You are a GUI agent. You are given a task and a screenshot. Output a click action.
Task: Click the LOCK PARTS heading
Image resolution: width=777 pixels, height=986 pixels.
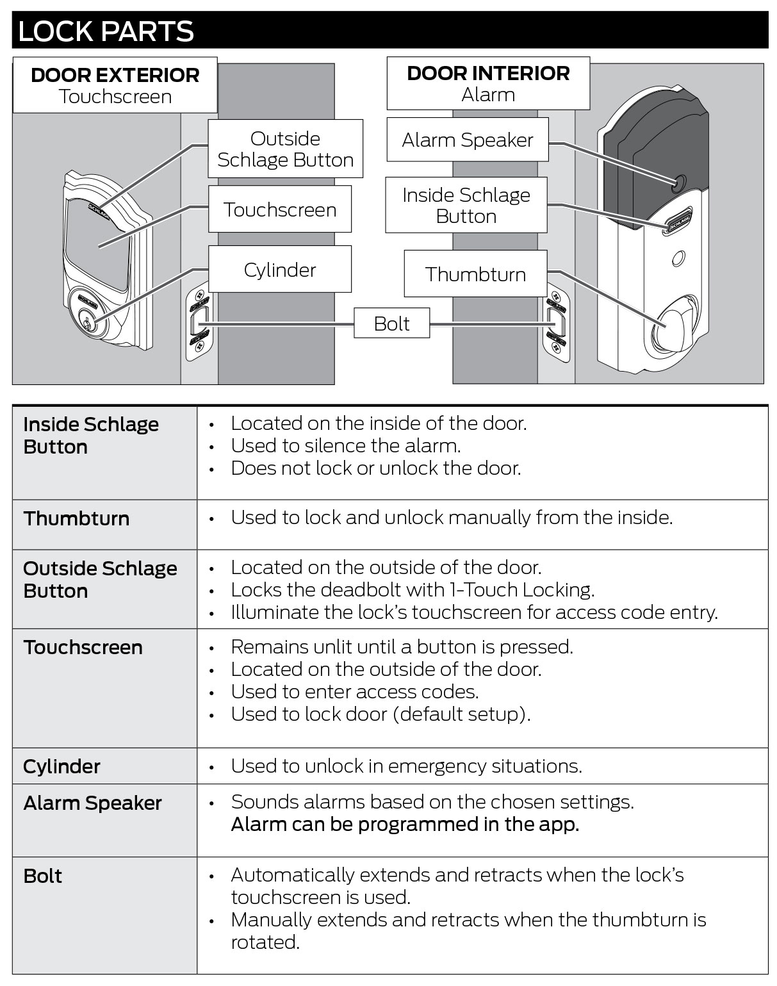106,31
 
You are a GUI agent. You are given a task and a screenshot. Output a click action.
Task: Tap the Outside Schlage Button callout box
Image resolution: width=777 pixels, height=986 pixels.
286,149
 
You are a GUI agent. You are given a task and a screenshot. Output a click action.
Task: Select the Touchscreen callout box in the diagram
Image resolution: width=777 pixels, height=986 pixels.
280,210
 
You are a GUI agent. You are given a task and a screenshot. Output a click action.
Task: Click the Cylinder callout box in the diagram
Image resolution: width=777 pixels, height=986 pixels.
280,270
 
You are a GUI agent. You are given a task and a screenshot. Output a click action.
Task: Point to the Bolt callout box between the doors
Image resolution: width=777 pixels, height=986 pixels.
392,324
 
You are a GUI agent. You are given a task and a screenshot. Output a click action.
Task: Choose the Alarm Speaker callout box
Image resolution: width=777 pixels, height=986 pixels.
468,140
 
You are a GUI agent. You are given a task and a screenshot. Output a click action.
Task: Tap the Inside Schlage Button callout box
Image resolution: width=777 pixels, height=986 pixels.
466,205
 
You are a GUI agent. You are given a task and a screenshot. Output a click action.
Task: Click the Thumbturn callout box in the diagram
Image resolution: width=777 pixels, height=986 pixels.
475,274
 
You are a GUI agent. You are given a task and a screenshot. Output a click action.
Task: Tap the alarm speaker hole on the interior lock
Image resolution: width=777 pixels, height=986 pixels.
678,183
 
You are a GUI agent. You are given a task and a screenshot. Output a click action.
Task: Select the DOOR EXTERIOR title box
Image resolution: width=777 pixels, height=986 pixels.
115,85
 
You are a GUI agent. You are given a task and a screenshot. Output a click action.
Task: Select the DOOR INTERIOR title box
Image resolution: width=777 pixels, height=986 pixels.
488,83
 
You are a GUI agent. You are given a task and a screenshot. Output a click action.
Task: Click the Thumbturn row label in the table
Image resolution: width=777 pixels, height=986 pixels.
76,519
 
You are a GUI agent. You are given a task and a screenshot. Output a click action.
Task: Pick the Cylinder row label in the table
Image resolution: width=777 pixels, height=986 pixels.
62,766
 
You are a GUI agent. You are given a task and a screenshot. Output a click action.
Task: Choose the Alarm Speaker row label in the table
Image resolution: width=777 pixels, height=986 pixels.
92,803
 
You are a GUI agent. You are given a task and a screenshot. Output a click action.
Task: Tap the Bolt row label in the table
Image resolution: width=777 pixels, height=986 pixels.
43,876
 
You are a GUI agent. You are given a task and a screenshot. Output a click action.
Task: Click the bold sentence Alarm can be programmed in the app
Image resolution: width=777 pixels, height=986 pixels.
405,825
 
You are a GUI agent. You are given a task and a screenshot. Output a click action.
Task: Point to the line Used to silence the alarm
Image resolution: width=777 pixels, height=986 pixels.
346,446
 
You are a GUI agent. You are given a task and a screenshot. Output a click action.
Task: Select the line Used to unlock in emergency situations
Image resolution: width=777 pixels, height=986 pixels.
406,766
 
